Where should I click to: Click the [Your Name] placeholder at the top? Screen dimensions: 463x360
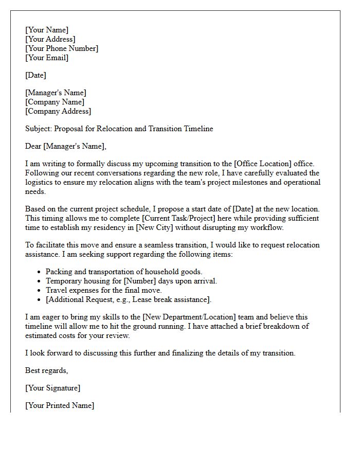pos(47,30)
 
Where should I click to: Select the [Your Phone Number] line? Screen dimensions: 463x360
pos(62,48)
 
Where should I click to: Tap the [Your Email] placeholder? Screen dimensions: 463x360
pos(47,58)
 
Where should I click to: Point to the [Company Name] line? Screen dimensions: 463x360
pos(55,102)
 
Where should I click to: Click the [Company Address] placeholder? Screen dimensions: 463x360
pos(58,111)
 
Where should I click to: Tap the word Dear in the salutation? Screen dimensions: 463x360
pos(33,147)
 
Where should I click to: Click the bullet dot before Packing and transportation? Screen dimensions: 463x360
pos(40,272)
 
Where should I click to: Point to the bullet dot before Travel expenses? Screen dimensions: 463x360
pos(40,291)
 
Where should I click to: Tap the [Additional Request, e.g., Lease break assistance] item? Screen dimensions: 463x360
pos(128,299)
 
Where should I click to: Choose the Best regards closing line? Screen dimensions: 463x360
pos(47,370)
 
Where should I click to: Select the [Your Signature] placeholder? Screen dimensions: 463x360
pos(52,388)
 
